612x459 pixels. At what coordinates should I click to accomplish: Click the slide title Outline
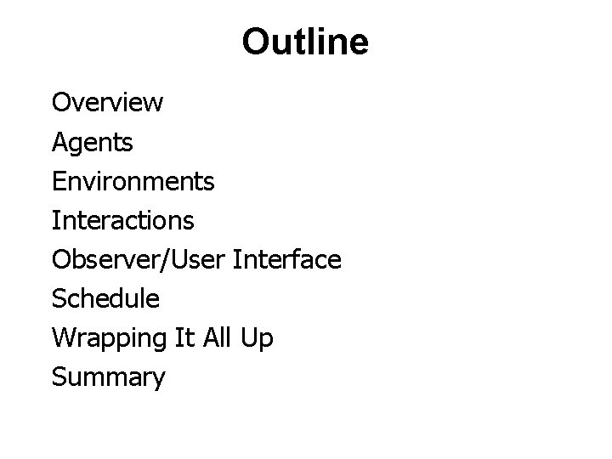point(305,42)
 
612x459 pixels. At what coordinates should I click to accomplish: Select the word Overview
point(108,103)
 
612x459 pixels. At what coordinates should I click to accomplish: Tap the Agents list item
point(93,143)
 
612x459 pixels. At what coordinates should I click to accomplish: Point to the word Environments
point(133,181)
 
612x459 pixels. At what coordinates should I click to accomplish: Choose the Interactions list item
point(123,220)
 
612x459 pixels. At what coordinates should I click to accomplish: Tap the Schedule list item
point(105,298)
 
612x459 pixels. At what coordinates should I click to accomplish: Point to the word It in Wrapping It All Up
point(171,337)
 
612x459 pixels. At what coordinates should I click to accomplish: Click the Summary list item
point(109,377)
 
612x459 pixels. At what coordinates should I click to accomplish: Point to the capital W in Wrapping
point(63,337)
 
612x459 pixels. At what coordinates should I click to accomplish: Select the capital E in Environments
point(59,181)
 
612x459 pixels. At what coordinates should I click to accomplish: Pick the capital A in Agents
point(59,142)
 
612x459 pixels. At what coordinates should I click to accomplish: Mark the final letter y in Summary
point(159,379)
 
